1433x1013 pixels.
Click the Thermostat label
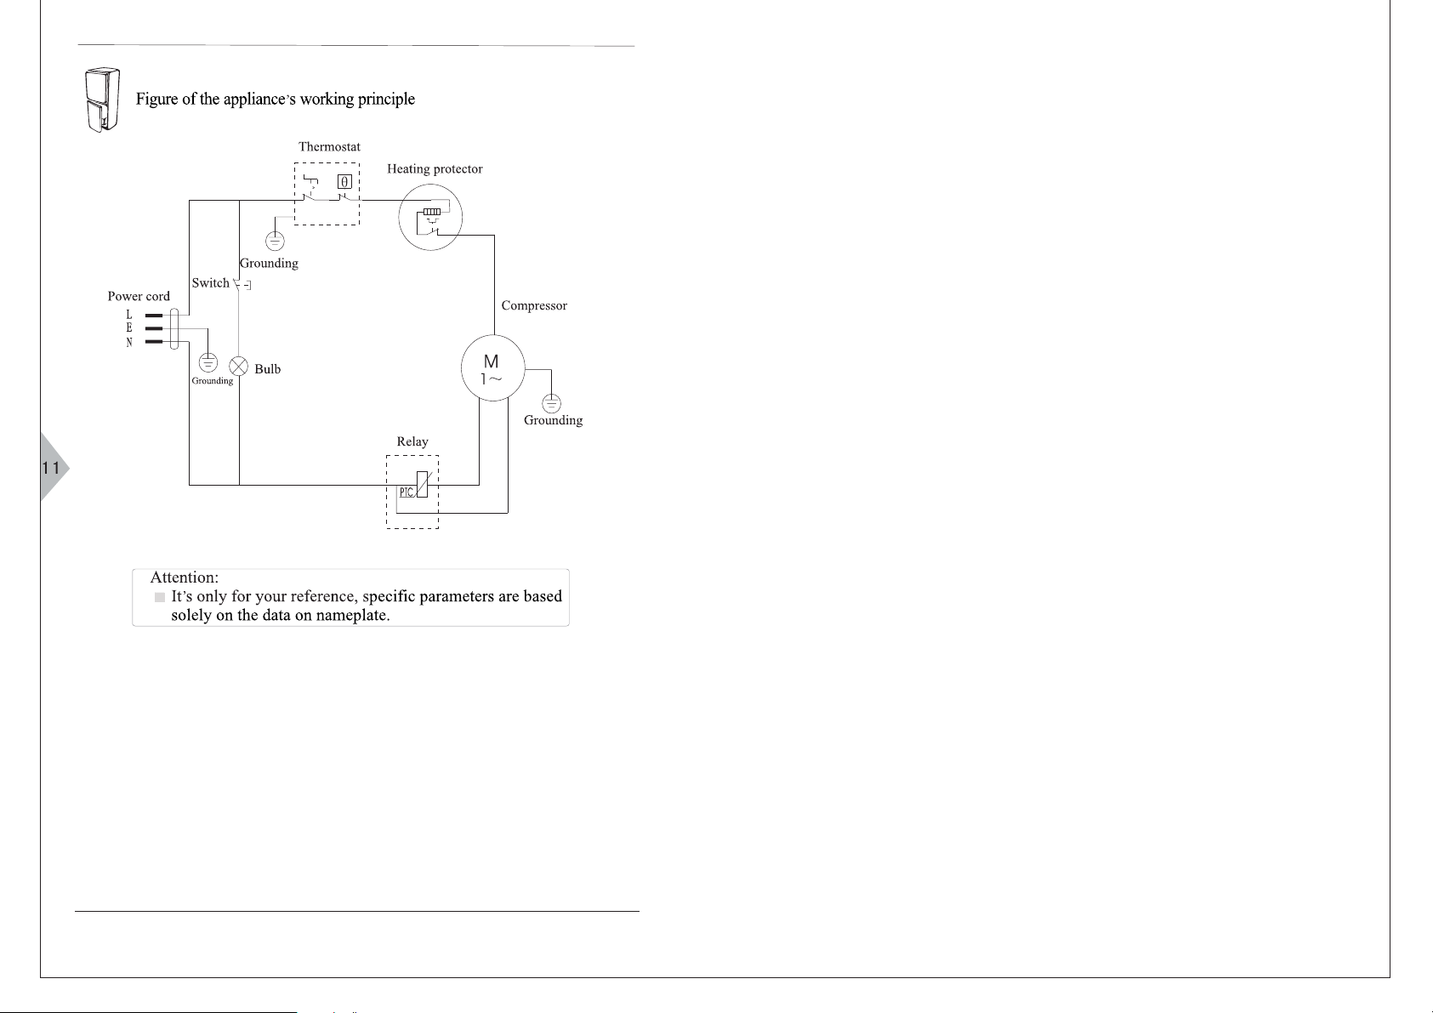click(329, 146)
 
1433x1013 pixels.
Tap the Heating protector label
click(435, 169)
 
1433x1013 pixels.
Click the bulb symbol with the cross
click(239, 367)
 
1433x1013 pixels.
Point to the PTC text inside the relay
click(407, 492)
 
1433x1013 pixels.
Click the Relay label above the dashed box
click(412, 441)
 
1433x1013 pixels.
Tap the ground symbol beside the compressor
click(551, 403)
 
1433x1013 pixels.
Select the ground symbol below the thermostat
click(275, 242)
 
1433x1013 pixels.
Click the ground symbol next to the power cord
click(208, 363)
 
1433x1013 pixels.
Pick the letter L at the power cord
click(129, 314)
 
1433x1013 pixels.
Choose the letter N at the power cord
click(129, 343)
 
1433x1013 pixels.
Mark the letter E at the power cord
click(129, 327)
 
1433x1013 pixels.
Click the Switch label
click(210, 283)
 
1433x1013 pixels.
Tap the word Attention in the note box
click(185, 578)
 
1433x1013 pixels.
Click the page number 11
click(50, 468)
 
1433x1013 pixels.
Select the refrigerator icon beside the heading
click(102, 100)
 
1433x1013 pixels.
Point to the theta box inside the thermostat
click(344, 182)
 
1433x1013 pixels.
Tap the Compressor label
click(534, 306)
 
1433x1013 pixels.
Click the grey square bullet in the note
click(160, 597)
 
